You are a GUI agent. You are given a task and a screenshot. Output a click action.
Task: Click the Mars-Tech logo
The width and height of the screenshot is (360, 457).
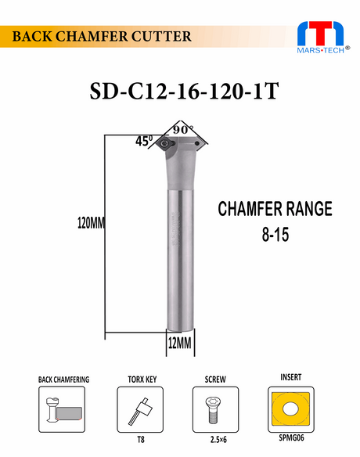pyautogui.click(x=323, y=37)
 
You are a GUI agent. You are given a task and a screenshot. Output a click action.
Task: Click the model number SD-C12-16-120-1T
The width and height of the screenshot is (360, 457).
pyautogui.click(x=184, y=92)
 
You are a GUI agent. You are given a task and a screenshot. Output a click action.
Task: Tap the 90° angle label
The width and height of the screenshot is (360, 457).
pyautogui.click(x=183, y=129)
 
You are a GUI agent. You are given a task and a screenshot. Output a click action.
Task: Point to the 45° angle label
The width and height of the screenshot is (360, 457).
pyautogui.click(x=144, y=142)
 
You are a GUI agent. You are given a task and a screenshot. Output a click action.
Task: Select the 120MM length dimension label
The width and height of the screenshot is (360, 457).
pyautogui.click(x=91, y=223)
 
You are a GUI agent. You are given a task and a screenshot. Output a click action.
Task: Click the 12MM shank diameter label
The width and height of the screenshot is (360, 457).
pyautogui.click(x=180, y=343)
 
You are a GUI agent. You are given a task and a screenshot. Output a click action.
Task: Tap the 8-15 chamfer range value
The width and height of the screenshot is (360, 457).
pyautogui.click(x=275, y=235)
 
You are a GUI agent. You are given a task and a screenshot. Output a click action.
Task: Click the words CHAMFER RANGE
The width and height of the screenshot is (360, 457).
pyautogui.click(x=275, y=209)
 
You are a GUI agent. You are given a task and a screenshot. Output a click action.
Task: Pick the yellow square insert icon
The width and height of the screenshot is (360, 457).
pyautogui.click(x=290, y=409)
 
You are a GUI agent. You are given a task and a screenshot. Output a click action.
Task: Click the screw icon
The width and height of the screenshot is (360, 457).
pyautogui.click(x=214, y=409)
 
